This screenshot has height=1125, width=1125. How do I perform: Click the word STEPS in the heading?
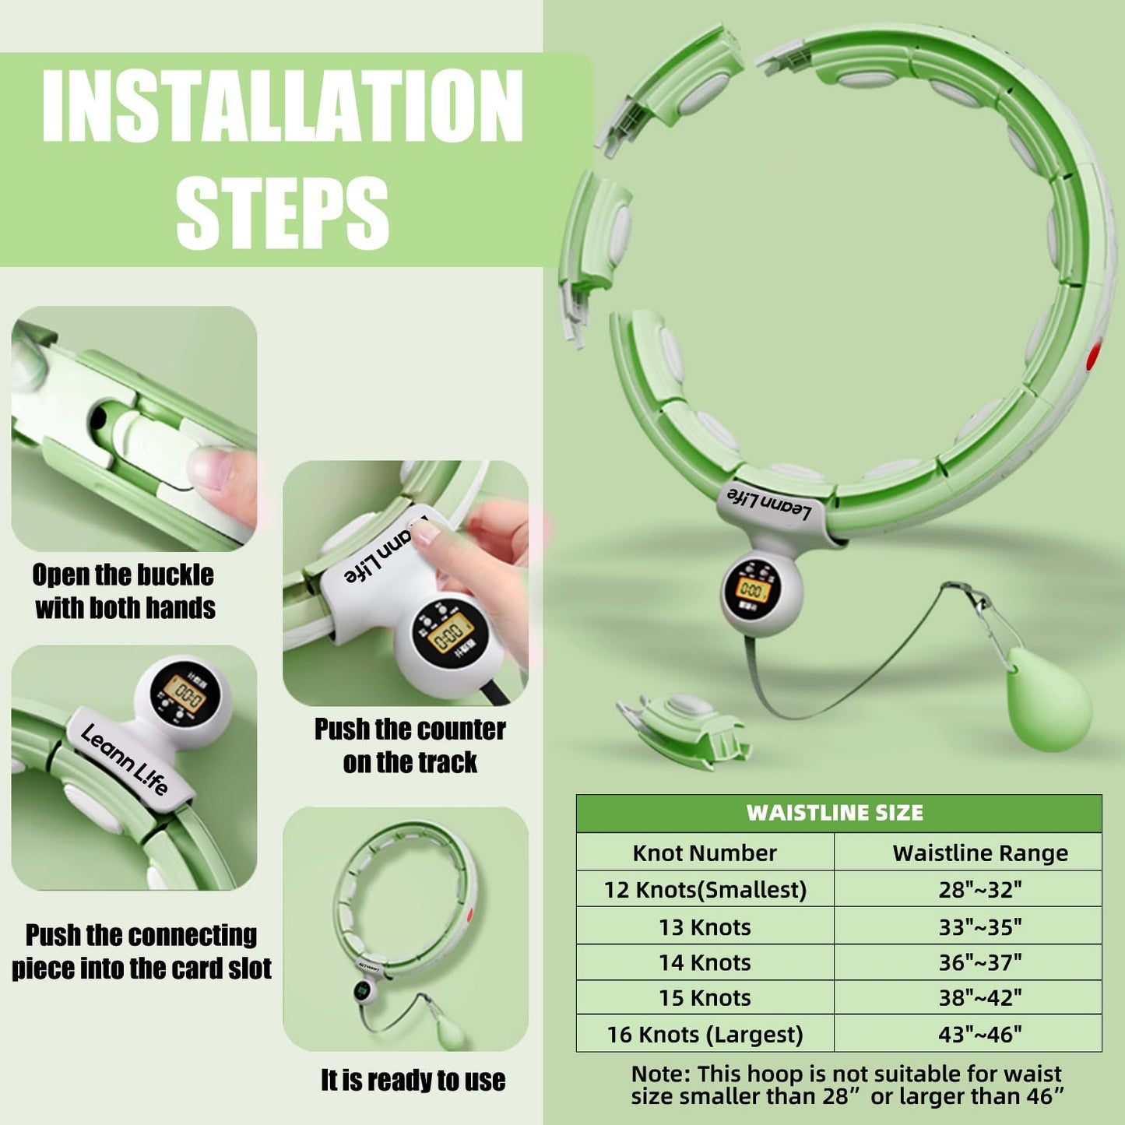(x=282, y=212)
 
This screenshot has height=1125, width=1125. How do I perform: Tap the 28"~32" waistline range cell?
(x=979, y=889)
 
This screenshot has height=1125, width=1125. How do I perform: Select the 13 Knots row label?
(x=705, y=926)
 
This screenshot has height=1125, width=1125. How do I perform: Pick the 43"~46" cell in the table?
(x=979, y=1034)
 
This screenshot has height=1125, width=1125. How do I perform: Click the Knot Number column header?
(x=705, y=853)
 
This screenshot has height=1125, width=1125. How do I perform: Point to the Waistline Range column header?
(x=979, y=853)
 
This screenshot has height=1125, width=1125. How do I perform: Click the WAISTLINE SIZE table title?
(x=835, y=813)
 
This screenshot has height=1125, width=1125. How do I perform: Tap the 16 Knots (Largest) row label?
(x=705, y=1034)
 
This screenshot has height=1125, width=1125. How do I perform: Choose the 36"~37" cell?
(x=979, y=962)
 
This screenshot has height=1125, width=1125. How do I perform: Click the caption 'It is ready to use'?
(x=413, y=1080)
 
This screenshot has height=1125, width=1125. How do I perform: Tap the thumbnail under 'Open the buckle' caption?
(x=134, y=428)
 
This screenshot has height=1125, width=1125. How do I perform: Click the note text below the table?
(x=846, y=1085)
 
